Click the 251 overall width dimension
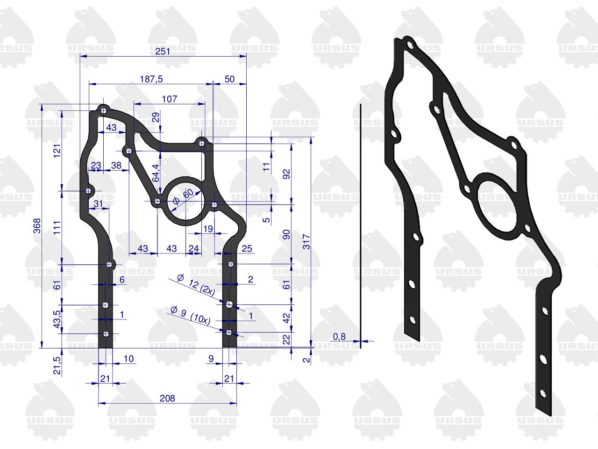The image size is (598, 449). [x=163, y=51]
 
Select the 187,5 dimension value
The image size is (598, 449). [x=151, y=79]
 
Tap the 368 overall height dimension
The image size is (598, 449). [x=37, y=226]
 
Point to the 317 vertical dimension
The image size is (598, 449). [x=306, y=241]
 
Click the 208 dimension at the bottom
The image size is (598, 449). [x=167, y=398]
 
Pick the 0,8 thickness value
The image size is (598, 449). [x=339, y=337]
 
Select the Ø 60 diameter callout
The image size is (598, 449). [x=184, y=197]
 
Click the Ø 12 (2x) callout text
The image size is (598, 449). [x=196, y=285]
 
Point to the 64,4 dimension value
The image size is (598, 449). [x=156, y=173]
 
